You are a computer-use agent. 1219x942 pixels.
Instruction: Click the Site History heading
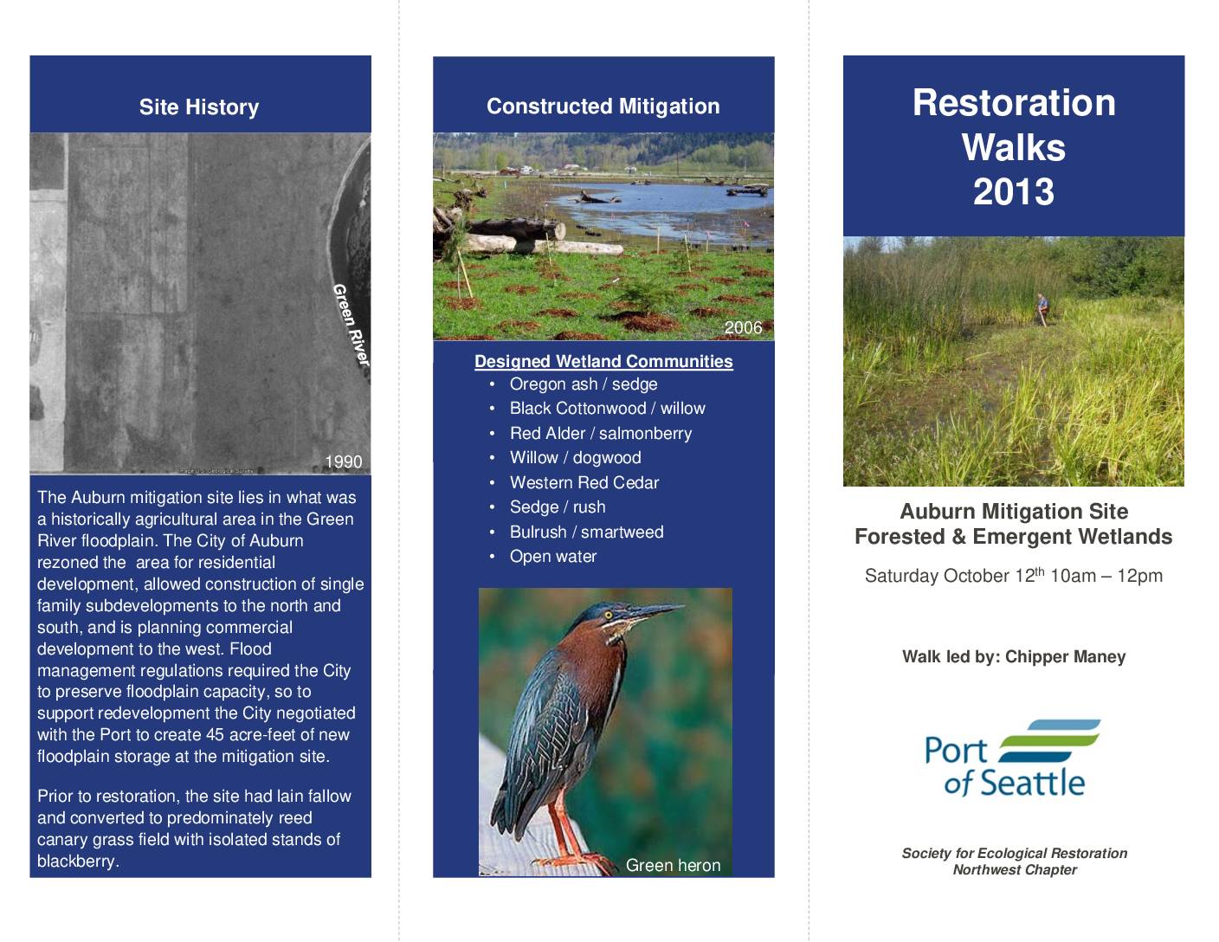coord(199,106)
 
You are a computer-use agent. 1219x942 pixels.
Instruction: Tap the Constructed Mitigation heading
coord(603,106)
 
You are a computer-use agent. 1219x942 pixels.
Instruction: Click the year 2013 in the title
coord(1014,191)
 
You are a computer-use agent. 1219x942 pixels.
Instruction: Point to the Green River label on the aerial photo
coord(352,325)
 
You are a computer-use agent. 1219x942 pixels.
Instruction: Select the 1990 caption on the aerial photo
coord(344,461)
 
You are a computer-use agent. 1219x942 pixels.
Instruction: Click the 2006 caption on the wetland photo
coord(744,327)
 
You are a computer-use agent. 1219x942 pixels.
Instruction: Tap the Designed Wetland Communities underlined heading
coord(603,361)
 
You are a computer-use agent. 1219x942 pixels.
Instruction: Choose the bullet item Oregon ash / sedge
coord(584,384)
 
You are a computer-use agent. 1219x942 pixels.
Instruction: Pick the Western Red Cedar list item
coord(584,482)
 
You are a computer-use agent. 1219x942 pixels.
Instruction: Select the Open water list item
coord(553,557)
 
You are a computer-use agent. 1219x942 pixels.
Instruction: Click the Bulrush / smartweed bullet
coord(586,532)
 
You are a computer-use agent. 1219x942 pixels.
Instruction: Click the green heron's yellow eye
coord(608,615)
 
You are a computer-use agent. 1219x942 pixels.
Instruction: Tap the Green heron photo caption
coord(674,865)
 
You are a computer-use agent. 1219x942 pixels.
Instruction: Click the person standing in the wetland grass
coord(1042,308)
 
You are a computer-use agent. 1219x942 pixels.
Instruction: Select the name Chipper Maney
coord(1065,656)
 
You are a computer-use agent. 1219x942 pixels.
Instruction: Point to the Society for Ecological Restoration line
coord(1014,854)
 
